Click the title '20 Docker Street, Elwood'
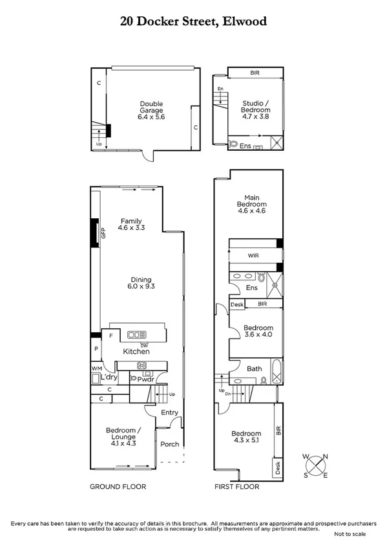[x=193, y=21]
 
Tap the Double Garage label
[x=151, y=111]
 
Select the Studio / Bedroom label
[x=256, y=107]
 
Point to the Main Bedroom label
[x=251, y=204]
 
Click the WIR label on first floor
[x=253, y=256]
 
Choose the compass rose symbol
[x=316, y=465]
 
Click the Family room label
[x=130, y=225]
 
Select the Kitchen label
[x=136, y=352]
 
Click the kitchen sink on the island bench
[x=137, y=335]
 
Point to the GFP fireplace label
[x=102, y=233]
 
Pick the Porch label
[x=169, y=444]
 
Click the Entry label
[x=169, y=412]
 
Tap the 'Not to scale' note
[x=350, y=534]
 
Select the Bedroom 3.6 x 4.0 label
[x=258, y=331]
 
